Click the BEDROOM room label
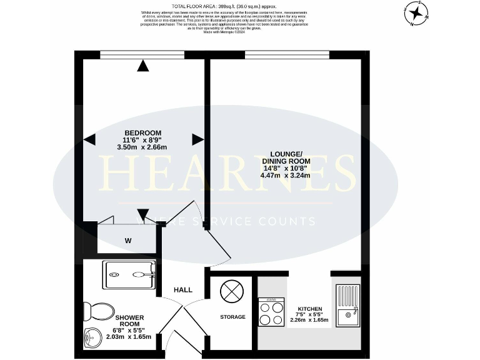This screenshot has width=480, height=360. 142,132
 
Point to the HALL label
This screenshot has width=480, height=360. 183,290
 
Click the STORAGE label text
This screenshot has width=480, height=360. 232,317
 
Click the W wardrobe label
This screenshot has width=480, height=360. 127,241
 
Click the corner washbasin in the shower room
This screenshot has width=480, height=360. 91,338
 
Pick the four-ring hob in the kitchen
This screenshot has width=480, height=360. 271,312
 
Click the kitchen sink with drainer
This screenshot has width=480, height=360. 347,306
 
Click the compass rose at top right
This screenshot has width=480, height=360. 416,14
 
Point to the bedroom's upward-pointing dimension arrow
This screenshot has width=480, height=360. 144,64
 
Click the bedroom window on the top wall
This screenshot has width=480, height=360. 142,55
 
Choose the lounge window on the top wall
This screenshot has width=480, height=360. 287,55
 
